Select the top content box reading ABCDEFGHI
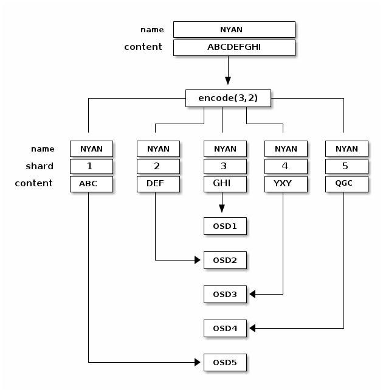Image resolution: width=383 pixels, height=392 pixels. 234,47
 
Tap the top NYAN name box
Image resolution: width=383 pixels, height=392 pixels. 234,29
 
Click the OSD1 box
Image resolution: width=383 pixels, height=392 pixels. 224,226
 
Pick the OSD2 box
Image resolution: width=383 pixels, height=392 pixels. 224,261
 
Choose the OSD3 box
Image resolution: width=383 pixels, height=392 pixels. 224,295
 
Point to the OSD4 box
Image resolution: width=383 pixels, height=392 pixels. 224,329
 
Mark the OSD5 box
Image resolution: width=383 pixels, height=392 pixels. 224,363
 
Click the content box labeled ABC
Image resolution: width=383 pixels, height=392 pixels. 91,183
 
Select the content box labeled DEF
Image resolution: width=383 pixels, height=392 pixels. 158,183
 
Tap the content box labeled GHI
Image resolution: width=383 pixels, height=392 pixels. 225,183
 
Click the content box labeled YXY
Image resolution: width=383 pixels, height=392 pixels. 286,183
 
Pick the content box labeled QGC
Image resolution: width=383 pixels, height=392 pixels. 347,183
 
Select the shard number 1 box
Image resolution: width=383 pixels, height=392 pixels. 91,166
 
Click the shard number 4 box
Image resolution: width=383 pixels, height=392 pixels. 286,166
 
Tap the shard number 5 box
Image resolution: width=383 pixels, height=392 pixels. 347,166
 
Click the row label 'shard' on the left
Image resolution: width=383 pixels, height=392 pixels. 40,166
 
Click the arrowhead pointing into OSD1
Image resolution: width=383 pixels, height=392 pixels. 222,209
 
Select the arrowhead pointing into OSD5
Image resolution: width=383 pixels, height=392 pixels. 198,363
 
